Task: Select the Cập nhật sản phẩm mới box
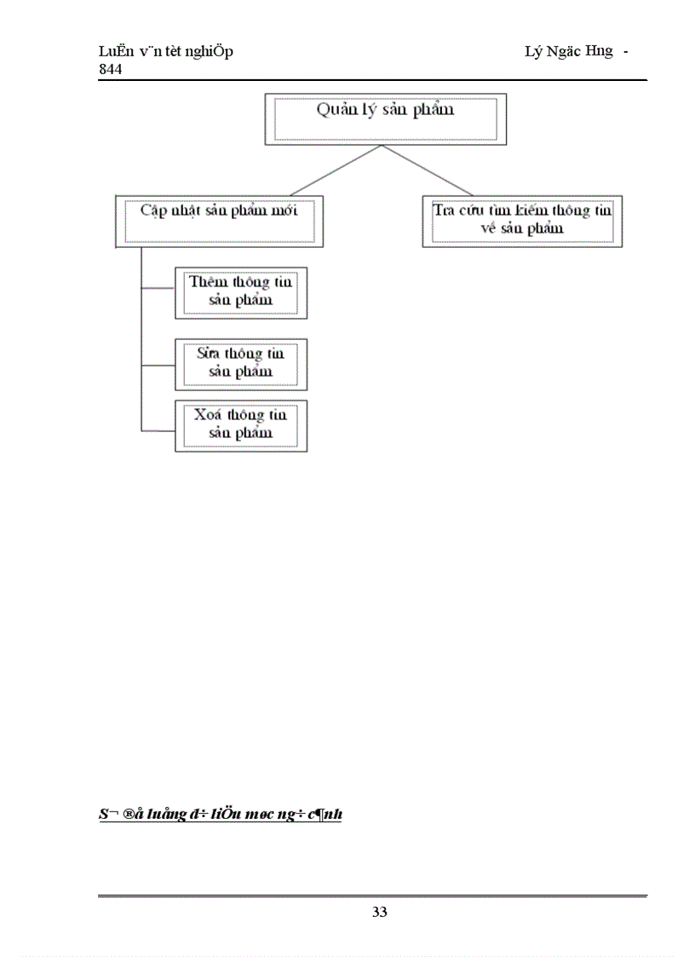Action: [219, 221]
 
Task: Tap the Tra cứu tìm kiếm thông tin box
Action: [522, 221]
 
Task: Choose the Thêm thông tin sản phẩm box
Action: [241, 292]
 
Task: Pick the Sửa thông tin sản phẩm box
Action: [241, 364]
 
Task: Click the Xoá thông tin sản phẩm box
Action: [241, 424]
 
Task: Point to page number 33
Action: [380, 913]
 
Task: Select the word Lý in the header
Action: [533, 52]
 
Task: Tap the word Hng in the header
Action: [600, 52]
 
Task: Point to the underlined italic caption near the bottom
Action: [220, 815]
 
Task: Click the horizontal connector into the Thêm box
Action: [158, 288]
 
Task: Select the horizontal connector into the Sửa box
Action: [158, 366]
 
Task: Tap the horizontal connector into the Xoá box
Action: [158, 427]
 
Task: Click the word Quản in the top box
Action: [335, 109]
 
